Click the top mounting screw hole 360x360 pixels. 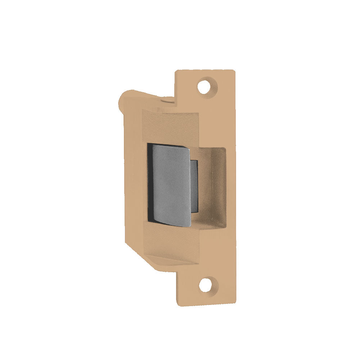click(x=205, y=86)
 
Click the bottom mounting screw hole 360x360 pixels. click(x=206, y=285)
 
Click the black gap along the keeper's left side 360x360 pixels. click(x=149, y=184)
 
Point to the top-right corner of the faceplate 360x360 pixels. click(x=234, y=71)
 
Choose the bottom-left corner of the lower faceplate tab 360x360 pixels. click(x=177, y=304)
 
